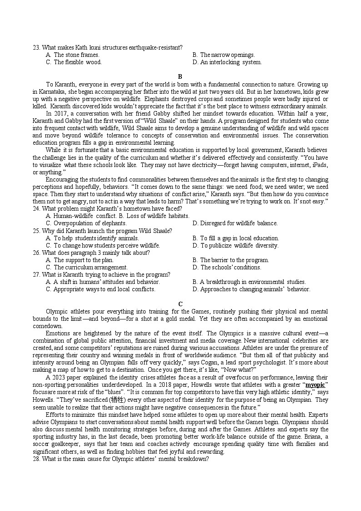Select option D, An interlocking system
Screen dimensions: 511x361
(227, 62)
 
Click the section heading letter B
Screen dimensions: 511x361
(180, 76)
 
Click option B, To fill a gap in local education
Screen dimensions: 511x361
(236, 238)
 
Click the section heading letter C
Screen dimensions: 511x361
(180, 304)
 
